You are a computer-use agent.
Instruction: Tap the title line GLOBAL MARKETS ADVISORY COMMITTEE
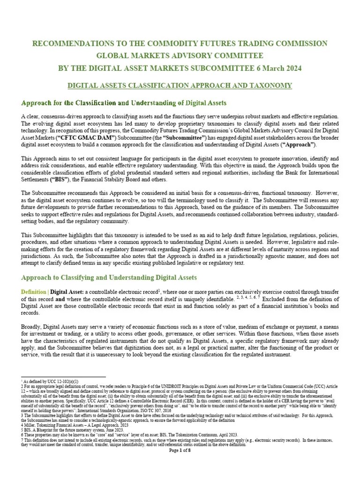tap(180, 56)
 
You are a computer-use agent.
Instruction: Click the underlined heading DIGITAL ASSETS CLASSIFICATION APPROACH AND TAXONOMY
tap(180, 85)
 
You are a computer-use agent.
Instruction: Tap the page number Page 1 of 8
tap(180, 450)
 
